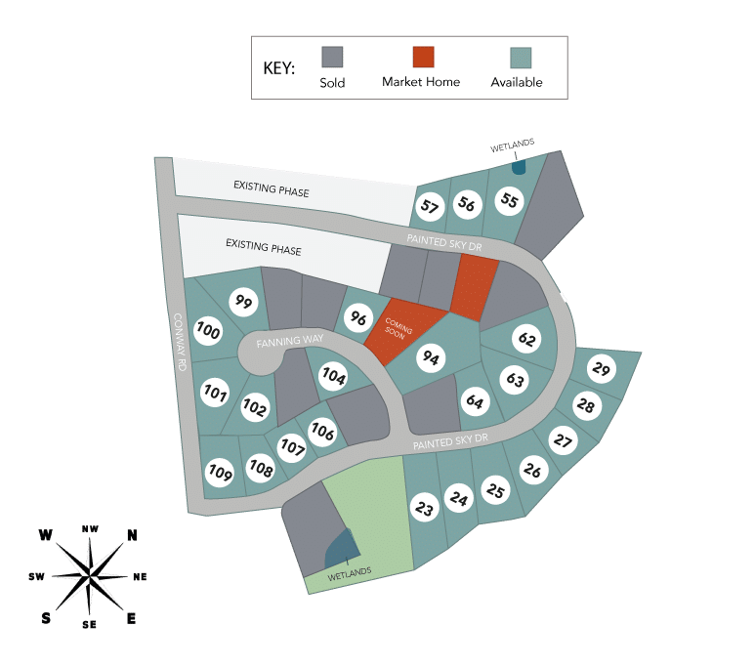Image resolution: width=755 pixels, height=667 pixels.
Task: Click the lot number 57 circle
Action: pos(430,207)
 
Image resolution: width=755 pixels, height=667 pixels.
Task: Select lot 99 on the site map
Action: pos(243,302)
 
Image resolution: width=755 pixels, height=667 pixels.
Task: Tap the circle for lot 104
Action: pos(334,376)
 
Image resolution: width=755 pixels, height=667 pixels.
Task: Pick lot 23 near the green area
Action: pos(424,508)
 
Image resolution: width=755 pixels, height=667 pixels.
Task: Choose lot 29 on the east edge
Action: pos(602,369)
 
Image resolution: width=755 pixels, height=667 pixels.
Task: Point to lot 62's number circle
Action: pos(526,339)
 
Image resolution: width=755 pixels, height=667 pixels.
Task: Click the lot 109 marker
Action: pos(220,473)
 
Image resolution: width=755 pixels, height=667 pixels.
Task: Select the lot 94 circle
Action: pos(431,357)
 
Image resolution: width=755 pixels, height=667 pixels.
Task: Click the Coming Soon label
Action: pos(398,328)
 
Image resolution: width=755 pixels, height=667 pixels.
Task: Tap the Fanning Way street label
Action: pos(290,341)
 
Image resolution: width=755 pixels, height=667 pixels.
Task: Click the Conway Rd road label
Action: pos(179,342)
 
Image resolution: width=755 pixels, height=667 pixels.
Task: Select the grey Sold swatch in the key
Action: pos(332,57)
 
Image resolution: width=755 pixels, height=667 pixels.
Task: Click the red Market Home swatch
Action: pos(423,57)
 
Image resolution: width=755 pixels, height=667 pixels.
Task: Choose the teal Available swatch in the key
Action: pos(521,58)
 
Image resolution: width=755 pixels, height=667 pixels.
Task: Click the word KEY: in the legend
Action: pos(278,68)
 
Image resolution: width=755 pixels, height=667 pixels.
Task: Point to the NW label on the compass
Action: pos(90,528)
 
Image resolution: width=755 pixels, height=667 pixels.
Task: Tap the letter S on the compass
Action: pos(46,618)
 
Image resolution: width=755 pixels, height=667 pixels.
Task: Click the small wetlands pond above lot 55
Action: pos(519,167)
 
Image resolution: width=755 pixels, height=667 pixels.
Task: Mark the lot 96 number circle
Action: pos(358,317)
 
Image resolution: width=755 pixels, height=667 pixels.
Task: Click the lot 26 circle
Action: pos(532,470)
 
